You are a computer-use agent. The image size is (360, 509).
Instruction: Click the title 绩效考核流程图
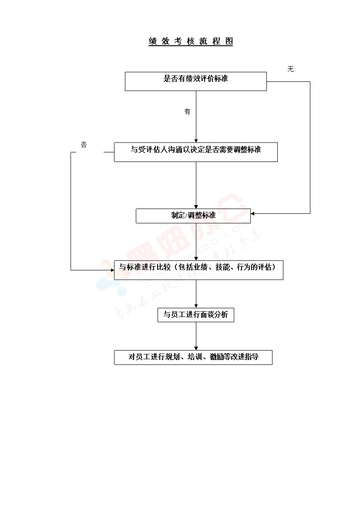click(191, 41)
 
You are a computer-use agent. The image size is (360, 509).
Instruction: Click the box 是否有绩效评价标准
click(195, 81)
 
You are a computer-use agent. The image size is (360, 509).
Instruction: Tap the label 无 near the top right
click(290, 69)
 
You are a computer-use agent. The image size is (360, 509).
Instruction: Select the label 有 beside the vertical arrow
click(187, 112)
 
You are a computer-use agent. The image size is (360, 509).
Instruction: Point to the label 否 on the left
click(84, 145)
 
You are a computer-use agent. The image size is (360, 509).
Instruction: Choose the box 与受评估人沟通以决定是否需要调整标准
click(195, 152)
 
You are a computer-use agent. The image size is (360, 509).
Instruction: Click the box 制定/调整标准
click(193, 216)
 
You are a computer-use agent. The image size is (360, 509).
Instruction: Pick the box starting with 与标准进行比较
click(198, 270)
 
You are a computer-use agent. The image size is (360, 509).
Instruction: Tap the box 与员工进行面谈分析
click(195, 315)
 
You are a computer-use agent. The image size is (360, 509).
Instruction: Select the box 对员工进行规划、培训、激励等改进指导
click(193, 357)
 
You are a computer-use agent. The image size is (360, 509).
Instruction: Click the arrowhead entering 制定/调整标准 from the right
click(253, 214)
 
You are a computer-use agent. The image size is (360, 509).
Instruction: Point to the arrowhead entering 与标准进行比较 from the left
click(112, 270)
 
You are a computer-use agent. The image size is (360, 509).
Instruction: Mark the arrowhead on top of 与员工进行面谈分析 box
click(196, 306)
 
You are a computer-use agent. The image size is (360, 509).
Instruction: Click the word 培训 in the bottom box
click(194, 357)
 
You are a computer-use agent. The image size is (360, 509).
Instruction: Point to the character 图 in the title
click(229, 41)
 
